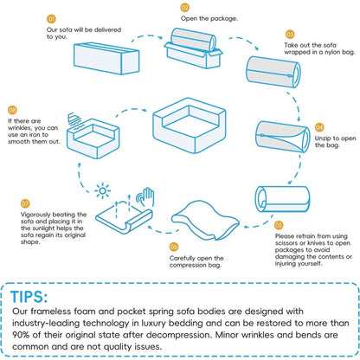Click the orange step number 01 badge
51,19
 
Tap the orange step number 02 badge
185,8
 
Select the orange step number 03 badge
290,35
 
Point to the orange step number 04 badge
319,127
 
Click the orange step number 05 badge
279,225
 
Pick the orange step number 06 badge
174,247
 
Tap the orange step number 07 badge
25,203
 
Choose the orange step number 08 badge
12,110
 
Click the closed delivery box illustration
106,58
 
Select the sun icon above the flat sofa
102,191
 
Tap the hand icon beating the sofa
146,196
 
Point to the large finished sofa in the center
190,125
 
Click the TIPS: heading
29,297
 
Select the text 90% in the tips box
21,335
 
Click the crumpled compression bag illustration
205,221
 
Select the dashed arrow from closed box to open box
147,36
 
